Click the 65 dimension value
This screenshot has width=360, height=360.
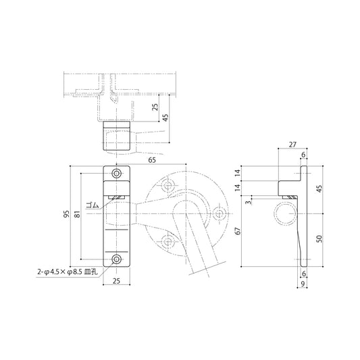(152, 160)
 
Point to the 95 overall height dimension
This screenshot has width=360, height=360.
(66, 214)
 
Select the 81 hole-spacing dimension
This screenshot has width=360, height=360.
(78, 214)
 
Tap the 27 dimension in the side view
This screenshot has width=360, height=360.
(292, 145)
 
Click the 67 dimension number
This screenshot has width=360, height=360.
(238, 231)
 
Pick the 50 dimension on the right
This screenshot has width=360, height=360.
(319, 239)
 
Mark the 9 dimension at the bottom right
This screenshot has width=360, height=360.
(303, 284)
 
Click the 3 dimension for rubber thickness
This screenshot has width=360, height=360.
(247, 202)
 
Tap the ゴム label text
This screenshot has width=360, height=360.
(93, 205)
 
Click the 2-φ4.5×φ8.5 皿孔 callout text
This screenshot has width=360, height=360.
(68, 272)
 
